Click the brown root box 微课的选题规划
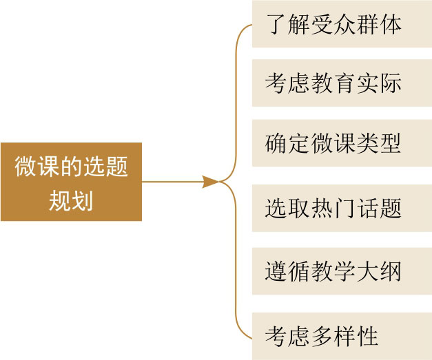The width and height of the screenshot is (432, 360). (71, 182)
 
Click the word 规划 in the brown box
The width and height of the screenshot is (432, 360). (71, 201)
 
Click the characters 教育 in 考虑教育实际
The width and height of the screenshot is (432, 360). (333, 84)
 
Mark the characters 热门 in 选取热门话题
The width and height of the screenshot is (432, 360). (333, 207)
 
